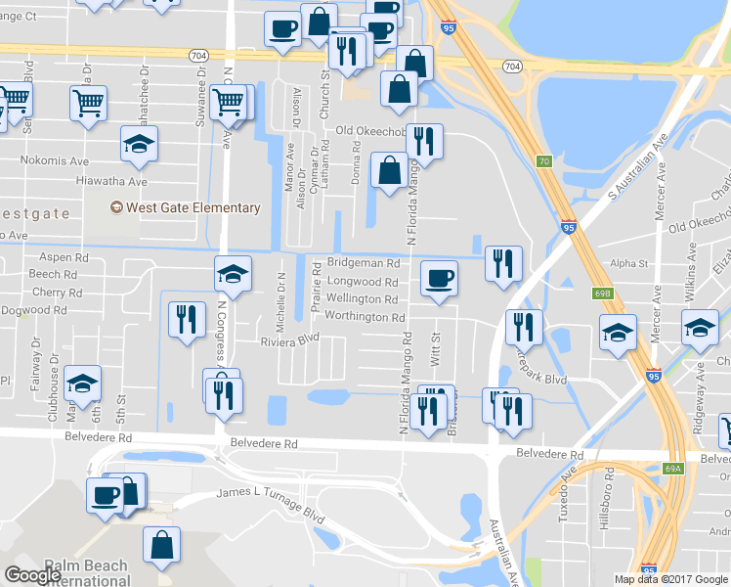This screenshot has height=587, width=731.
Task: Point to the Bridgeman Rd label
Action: coord(364,264)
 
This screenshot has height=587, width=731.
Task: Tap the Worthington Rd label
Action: coord(364,317)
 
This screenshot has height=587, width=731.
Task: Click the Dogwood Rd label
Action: coord(35,310)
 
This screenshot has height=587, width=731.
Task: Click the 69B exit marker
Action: coord(601,293)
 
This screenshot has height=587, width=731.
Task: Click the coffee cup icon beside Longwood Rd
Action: coord(439,278)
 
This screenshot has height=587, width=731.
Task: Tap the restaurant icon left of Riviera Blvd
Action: coord(185,319)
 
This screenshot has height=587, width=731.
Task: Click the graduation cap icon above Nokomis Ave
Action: coord(139,144)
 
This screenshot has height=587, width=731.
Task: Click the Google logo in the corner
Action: coord(32,575)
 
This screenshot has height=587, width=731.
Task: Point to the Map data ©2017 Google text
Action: coord(670,579)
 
